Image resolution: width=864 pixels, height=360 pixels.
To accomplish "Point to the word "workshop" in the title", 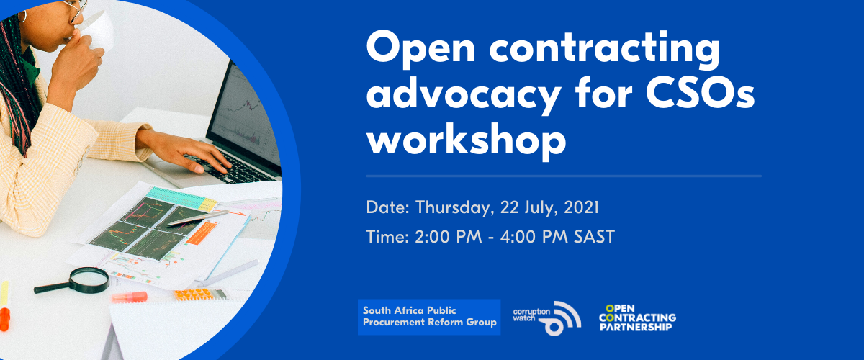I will pos(466,139).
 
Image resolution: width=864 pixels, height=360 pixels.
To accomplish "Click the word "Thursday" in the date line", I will pos(452,208).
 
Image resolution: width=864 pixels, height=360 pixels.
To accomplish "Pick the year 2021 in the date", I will pos(580,208).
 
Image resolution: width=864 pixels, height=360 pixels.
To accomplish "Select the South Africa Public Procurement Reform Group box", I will pos(429,316).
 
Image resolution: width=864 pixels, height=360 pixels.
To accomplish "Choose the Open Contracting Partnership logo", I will pos(636,317).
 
